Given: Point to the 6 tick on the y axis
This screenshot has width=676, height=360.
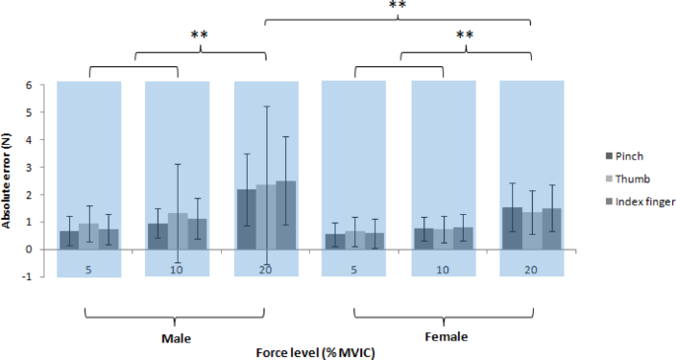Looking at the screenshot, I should (43, 85).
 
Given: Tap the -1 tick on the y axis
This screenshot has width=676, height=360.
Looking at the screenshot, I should (41, 277).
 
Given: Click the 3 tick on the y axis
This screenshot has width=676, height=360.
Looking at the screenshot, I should (43, 167).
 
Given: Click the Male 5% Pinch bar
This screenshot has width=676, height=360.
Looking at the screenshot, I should (68, 240).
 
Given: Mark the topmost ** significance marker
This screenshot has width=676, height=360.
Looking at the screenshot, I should (398, 6).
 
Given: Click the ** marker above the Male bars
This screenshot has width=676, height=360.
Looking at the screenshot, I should (199, 36).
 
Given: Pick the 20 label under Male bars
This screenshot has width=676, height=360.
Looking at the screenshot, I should (265, 267).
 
